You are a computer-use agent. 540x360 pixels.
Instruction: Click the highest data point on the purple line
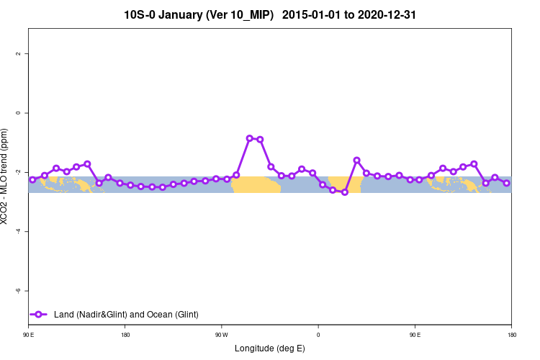coord(249,138)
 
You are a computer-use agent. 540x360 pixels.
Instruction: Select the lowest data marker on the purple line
coord(345,192)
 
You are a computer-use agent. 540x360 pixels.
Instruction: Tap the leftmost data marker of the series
coord(32,179)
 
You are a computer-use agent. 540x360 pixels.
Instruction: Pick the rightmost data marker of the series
coord(507,183)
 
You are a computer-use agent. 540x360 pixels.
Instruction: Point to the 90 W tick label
coord(221,335)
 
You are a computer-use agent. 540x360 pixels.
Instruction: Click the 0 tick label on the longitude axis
coord(318,335)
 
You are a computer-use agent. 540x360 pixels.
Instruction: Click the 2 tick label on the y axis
coord(21,54)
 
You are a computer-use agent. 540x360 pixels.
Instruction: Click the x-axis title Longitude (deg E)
coord(270,348)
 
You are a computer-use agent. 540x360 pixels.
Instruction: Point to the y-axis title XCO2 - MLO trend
coord(6,176)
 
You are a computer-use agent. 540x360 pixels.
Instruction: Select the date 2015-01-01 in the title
coord(321,14)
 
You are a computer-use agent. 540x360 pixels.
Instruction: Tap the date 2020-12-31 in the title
coord(387,14)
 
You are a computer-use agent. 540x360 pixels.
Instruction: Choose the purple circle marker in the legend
coord(40,314)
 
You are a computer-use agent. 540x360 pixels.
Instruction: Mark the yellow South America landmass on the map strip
coord(256,185)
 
